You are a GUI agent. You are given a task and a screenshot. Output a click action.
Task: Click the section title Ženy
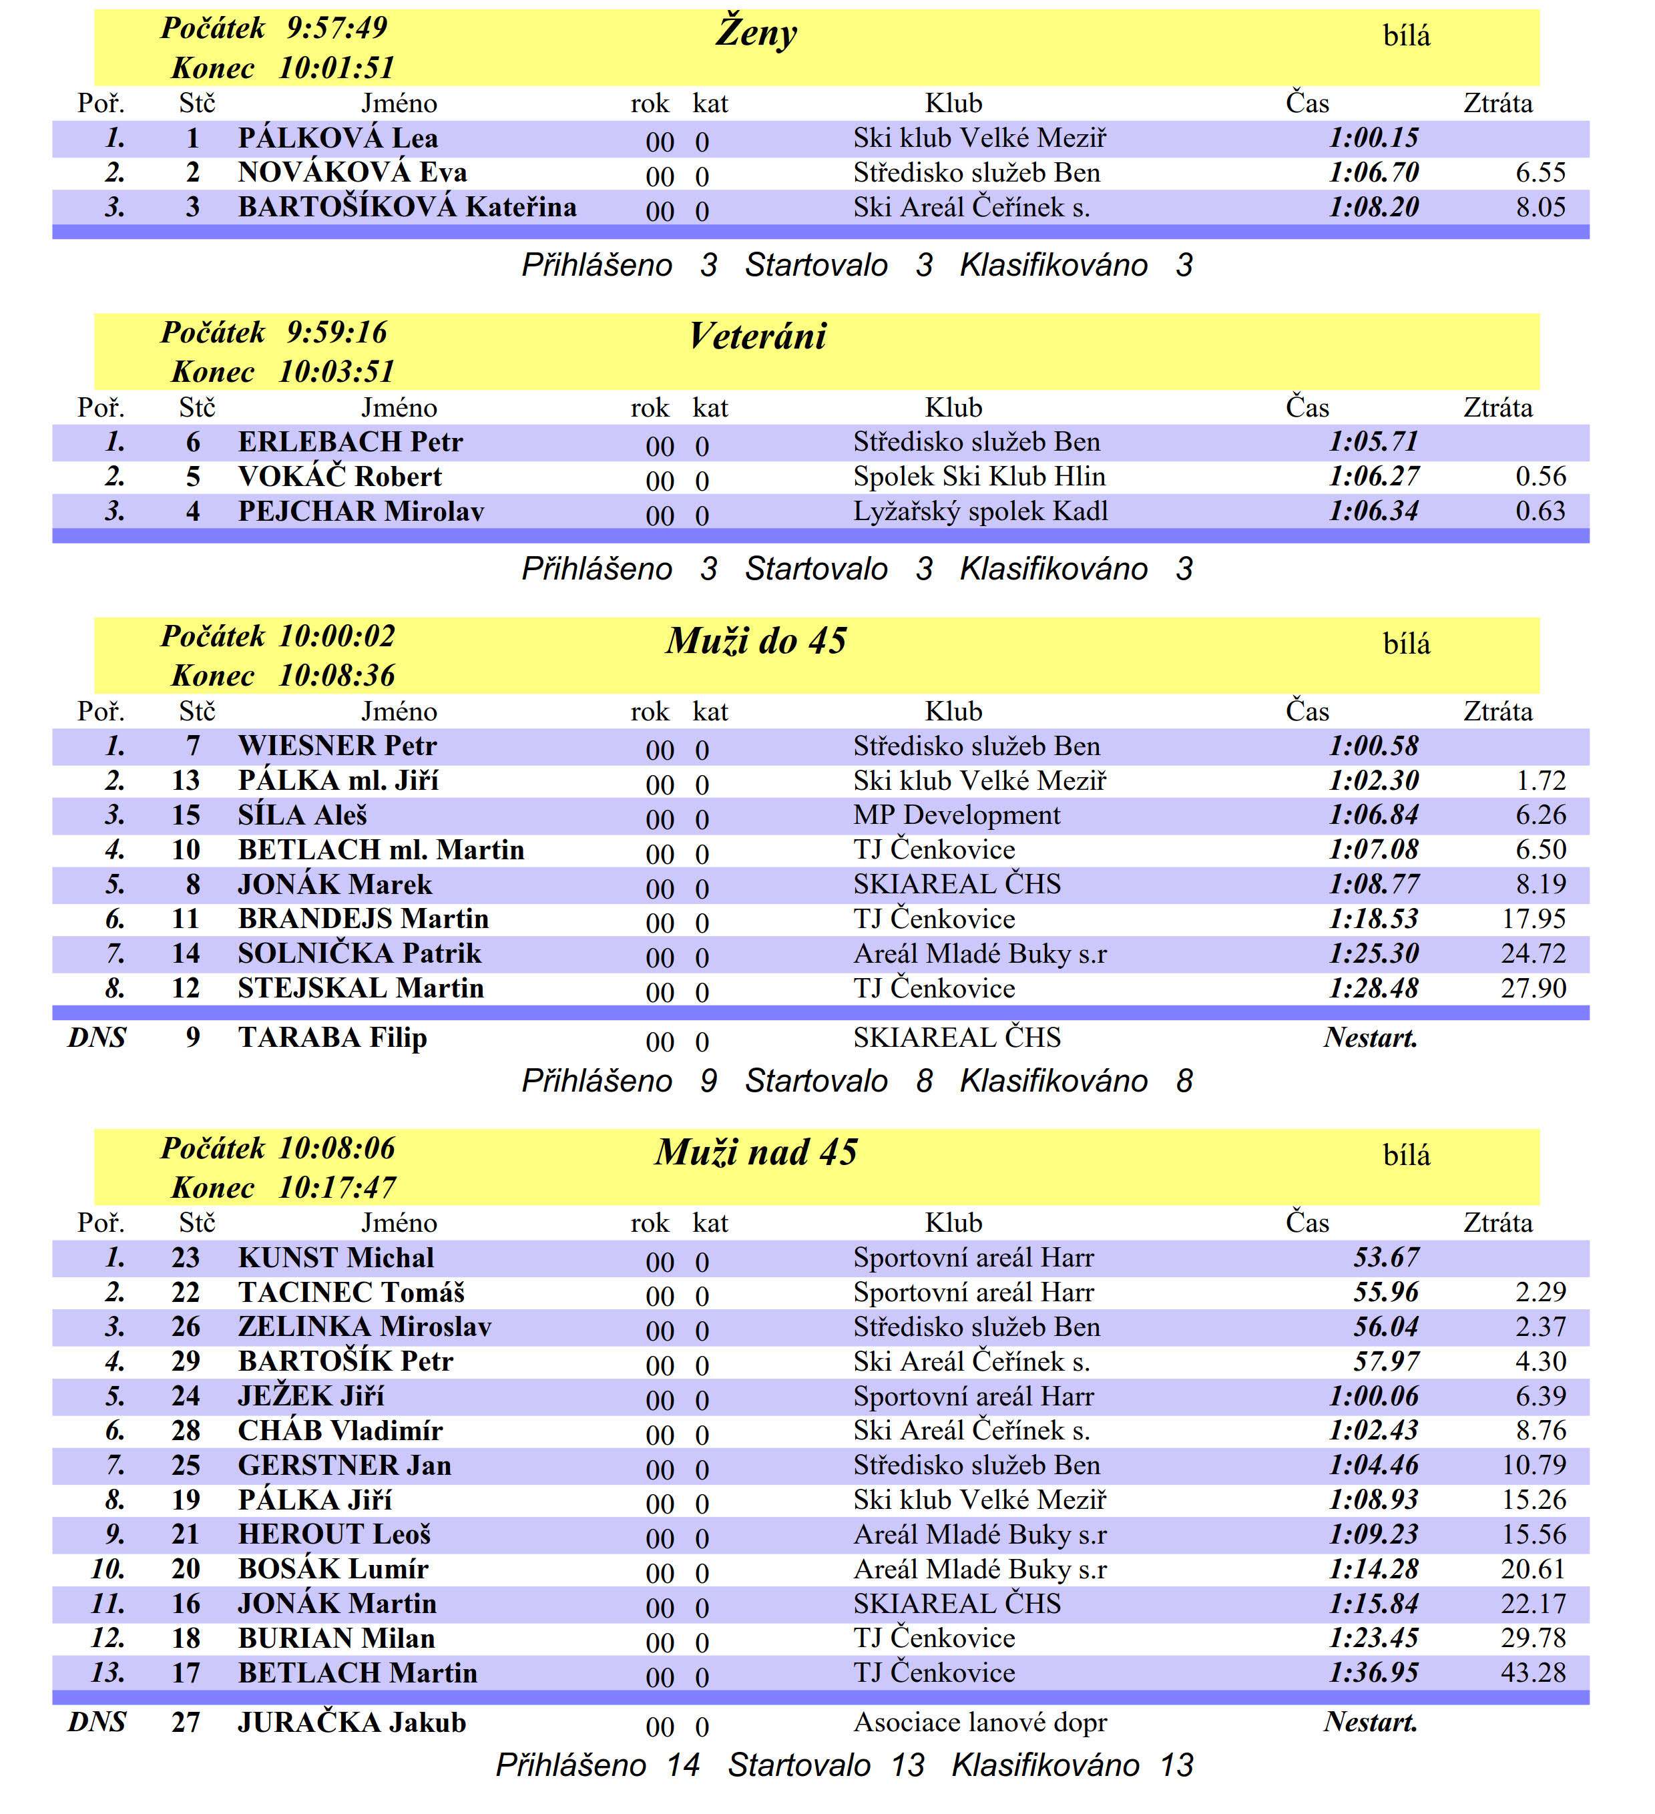click(x=756, y=33)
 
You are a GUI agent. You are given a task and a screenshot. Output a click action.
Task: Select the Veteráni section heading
click(x=757, y=336)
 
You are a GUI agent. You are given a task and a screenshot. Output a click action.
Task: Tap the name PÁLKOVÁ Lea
click(x=338, y=139)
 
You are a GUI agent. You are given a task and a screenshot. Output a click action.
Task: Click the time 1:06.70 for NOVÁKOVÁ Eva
click(x=1373, y=173)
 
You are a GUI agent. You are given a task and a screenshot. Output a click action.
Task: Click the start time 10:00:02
click(x=336, y=637)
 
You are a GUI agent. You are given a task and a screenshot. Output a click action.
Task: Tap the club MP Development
click(x=956, y=816)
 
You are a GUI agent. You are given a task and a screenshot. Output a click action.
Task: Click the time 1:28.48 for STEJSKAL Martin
click(x=1373, y=989)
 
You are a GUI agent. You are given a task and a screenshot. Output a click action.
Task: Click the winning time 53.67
click(x=1386, y=1258)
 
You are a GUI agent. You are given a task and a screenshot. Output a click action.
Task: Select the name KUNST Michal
click(x=336, y=1258)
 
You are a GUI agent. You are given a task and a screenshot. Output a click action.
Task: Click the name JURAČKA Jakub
click(x=352, y=1723)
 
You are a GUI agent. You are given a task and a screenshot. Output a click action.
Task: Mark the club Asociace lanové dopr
click(x=979, y=1723)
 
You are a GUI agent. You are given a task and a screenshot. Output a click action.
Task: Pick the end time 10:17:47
click(x=336, y=1188)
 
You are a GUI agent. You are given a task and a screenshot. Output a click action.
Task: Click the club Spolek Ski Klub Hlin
click(x=979, y=477)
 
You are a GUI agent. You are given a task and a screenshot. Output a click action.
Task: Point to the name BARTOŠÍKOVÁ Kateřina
click(x=407, y=208)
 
